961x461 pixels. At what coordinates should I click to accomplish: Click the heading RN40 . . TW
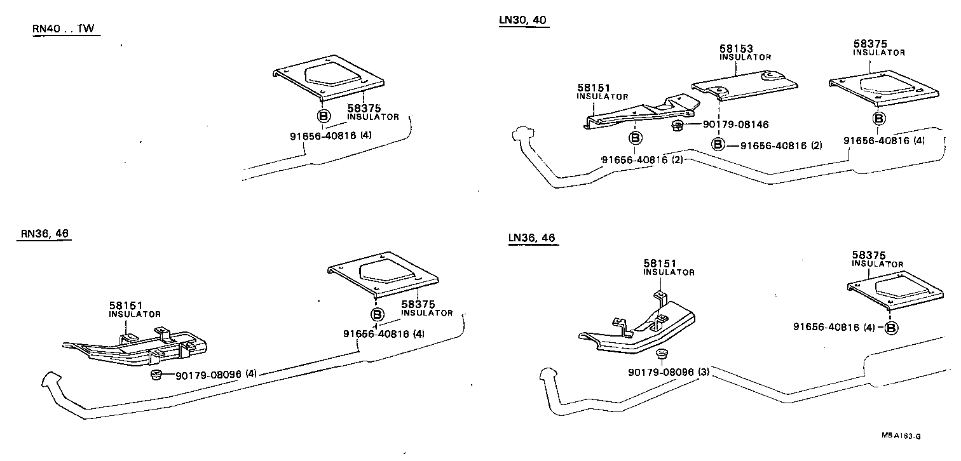(66, 29)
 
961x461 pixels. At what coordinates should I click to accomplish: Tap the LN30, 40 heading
(522, 20)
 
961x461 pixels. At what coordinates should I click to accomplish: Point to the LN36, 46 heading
(532, 238)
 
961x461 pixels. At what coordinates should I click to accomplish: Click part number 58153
(736, 48)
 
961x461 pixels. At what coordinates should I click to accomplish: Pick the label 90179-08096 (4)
(216, 375)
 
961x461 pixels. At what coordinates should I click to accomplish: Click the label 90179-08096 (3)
(668, 371)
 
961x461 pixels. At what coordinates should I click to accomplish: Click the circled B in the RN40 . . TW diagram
(323, 116)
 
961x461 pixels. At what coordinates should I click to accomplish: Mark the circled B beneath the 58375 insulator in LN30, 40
(879, 118)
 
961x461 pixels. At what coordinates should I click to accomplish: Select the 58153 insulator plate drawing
(744, 84)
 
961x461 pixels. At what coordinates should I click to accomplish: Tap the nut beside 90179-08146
(678, 125)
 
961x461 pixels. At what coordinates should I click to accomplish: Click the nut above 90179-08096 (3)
(660, 354)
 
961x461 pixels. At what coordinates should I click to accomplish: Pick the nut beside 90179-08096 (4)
(156, 375)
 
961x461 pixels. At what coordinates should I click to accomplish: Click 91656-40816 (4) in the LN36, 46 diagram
(834, 327)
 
